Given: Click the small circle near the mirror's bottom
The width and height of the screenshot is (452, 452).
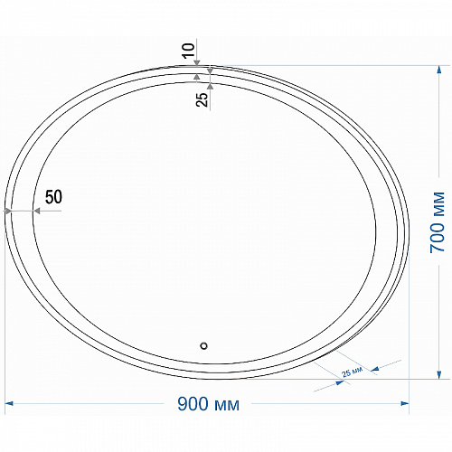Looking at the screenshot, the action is [x=204, y=345].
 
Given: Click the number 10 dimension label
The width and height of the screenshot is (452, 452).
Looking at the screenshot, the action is [x=189, y=51].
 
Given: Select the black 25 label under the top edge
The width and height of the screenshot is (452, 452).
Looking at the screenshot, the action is [x=202, y=99].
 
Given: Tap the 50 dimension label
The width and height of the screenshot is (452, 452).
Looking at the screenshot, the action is [x=53, y=197].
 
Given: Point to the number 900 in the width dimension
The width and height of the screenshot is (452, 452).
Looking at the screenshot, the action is [x=193, y=404].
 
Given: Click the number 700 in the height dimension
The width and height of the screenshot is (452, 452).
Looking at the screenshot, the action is [x=438, y=238].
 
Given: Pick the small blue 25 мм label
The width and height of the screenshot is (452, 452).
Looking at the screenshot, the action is [x=352, y=372].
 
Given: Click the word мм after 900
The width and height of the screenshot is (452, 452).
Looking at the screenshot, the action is [x=228, y=406].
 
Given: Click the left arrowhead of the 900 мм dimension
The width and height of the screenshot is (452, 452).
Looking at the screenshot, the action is [x=9, y=403].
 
